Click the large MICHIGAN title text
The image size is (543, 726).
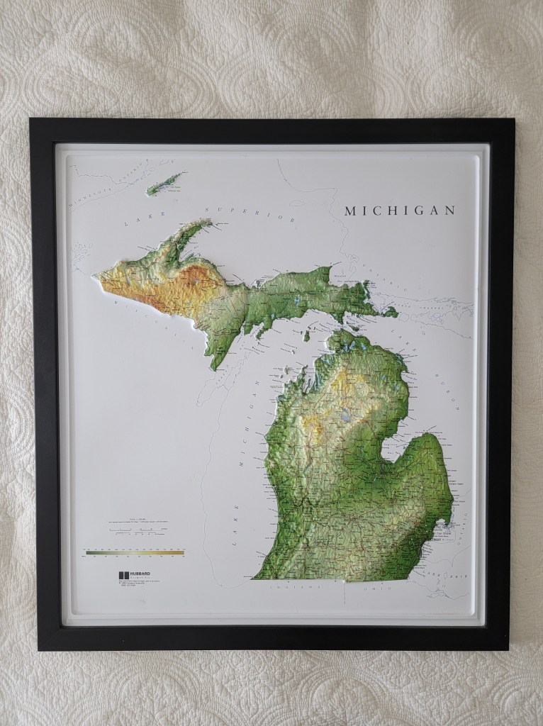pyautogui.click(x=398, y=211)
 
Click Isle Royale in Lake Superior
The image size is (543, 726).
pyautogui.click(x=165, y=183)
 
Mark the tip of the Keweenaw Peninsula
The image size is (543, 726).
pyautogui.click(x=209, y=223)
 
